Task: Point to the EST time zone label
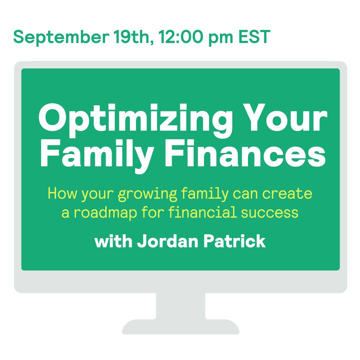pos(254,37)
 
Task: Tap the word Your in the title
pos(285,118)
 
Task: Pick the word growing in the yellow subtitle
pos(147,194)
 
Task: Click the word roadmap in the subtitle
pos(105,213)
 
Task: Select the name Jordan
pos(168,241)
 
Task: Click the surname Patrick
pos(234,241)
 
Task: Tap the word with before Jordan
pos(113,241)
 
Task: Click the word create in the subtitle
pos(287,193)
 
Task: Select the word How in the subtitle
pos(62,193)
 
